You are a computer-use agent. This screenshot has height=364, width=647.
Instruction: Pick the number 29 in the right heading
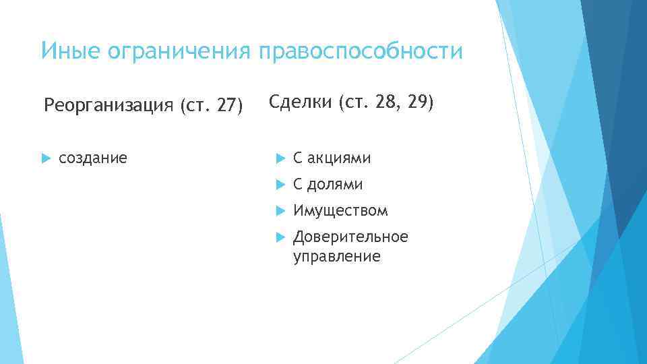pos(417,102)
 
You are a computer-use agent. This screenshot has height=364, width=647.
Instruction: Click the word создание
pos(93,158)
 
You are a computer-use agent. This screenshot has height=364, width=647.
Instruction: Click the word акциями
pos(339,158)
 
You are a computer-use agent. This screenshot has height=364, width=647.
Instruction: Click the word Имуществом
pos(340,211)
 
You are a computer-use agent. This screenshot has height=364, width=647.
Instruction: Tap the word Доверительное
pos(350,237)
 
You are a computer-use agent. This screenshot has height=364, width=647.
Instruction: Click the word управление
pos(336,256)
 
